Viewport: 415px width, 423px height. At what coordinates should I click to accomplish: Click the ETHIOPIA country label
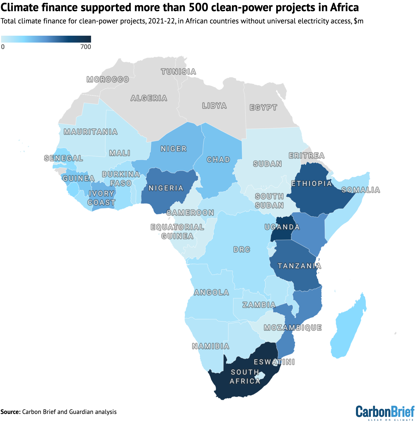[312, 184]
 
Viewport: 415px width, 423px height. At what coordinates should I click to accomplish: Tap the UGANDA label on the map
[282, 227]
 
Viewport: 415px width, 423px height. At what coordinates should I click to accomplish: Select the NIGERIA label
[166, 188]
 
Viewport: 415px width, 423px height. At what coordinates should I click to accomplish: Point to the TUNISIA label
[179, 72]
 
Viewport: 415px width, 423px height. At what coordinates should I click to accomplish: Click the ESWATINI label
[274, 362]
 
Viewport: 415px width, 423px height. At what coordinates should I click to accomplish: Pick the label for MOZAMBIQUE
[293, 328]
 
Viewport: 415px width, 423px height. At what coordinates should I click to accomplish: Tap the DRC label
[242, 250]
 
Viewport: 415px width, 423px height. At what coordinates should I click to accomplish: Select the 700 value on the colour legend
[86, 47]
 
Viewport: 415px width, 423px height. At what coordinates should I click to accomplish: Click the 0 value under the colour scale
[3, 47]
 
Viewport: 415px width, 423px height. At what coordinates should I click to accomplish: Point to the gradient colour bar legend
[46, 39]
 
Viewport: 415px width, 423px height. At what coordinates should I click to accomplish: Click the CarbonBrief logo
[385, 413]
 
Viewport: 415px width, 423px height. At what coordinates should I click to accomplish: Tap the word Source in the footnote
[10, 412]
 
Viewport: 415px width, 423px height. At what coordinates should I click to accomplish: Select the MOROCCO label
[108, 79]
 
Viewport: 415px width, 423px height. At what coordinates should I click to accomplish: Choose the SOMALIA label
[361, 190]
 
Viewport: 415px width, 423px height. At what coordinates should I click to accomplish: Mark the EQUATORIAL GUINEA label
[177, 231]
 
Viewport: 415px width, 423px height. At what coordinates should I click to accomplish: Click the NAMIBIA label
[210, 346]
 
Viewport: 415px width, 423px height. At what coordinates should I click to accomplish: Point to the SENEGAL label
[64, 158]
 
